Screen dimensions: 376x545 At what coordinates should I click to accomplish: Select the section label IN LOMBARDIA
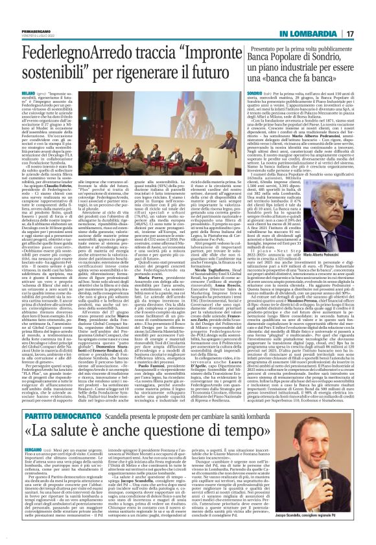coord(311,14)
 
